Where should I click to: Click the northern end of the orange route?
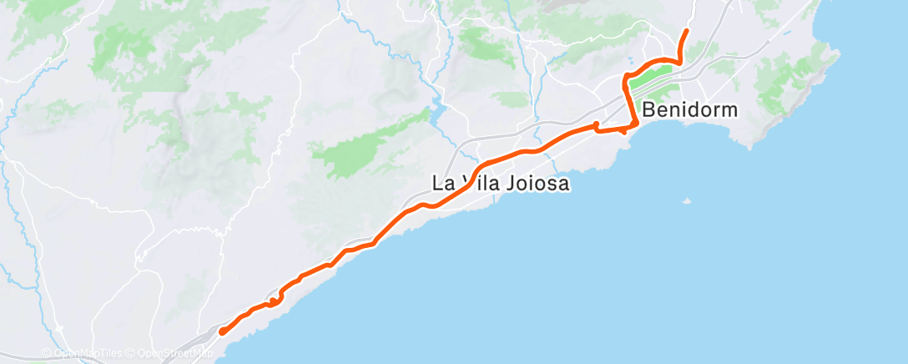pyautogui.click(x=686, y=31)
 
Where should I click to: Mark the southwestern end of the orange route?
pyautogui.click(x=222, y=332)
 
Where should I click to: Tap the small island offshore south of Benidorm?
pyautogui.click(x=686, y=201)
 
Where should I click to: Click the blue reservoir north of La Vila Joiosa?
pyautogui.click(x=436, y=110)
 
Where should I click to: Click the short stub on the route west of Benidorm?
pyautogui.click(x=596, y=125)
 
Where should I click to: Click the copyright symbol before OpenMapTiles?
pyautogui.click(x=46, y=355)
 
